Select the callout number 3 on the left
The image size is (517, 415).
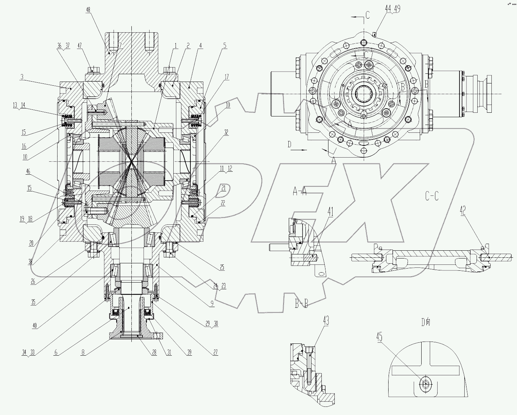[x=22, y=77]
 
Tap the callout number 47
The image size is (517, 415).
[x=79, y=45]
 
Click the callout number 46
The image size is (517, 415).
[x=28, y=171]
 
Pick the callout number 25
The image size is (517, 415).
[x=222, y=267]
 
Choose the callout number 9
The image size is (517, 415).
[x=212, y=303]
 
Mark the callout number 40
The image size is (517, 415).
[x=35, y=326]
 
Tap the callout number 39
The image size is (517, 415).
[x=189, y=353]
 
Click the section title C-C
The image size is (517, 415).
[x=432, y=196]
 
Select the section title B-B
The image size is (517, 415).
[x=301, y=304]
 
